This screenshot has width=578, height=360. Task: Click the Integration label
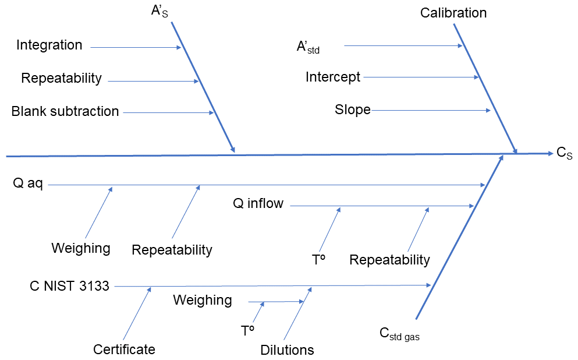(x=49, y=45)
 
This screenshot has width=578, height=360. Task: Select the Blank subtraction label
(x=65, y=111)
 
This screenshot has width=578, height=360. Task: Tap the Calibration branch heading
(x=453, y=13)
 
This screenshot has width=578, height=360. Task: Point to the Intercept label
(x=333, y=77)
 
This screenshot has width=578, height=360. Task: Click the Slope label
(x=353, y=110)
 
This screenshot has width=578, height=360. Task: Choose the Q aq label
(x=28, y=185)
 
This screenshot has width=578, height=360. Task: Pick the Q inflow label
(x=258, y=203)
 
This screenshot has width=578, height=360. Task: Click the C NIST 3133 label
(x=70, y=286)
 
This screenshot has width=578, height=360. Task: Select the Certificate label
(x=124, y=350)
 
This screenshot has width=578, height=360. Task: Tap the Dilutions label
(x=287, y=350)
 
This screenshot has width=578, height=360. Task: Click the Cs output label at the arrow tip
(x=565, y=153)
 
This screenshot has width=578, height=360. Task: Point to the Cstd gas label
(x=400, y=334)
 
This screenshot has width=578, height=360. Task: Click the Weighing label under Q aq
(x=81, y=248)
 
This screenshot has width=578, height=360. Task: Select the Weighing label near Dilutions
(x=203, y=300)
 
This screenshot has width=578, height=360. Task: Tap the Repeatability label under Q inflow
(x=389, y=260)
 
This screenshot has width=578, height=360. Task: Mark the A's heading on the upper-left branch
(x=159, y=12)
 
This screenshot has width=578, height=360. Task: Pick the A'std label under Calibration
(x=308, y=47)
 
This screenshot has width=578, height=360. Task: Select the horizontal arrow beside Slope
(x=431, y=110)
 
